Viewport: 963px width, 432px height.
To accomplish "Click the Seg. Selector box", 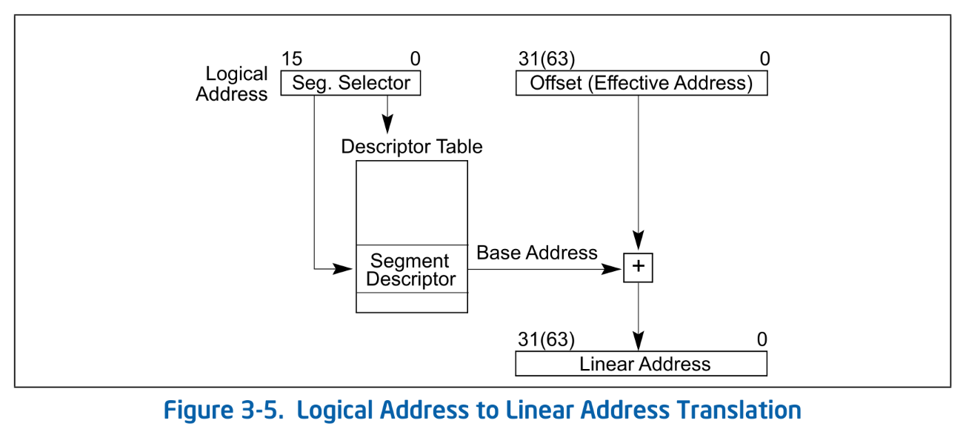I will (x=350, y=83).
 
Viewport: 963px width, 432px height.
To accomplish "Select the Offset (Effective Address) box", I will (x=641, y=83).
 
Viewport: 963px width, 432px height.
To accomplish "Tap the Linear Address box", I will (x=641, y=364).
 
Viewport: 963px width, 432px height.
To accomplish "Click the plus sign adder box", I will (x=638, y=268).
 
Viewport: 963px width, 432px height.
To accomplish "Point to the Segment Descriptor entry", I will (x=411, y=270).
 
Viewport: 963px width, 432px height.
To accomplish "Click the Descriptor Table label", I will (x=411, y=147).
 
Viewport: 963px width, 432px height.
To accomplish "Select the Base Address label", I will (x=536, y=253).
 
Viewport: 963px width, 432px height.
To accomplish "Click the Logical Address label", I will (x=233, y=84).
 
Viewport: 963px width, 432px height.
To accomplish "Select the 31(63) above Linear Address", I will (x=547, y=340).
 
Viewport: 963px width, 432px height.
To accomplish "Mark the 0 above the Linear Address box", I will (x=762, y=340).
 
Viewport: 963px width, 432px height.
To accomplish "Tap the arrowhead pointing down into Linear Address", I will (x=638, y=342).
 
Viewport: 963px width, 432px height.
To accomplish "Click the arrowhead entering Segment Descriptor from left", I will (x=343, y=268).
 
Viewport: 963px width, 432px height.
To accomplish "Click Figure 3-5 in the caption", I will (x=223, y=410).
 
